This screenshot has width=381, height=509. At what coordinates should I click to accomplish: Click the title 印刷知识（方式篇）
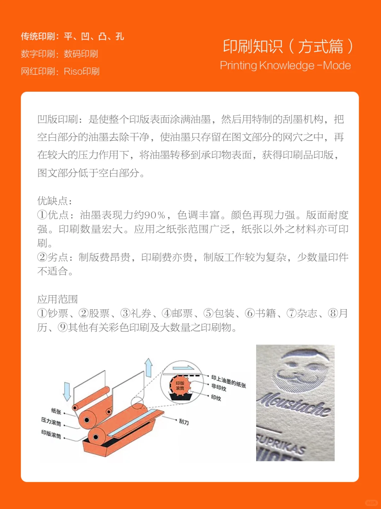(288, 47)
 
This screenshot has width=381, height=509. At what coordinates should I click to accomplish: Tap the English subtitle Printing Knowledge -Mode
(285, 66)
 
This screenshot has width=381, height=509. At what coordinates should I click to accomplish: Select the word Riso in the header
(73, 72)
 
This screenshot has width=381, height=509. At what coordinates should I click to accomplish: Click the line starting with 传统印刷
(72, 36)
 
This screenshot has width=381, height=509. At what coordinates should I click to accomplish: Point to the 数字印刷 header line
(59, 54)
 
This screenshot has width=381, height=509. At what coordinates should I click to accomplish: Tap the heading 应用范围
(58, 299)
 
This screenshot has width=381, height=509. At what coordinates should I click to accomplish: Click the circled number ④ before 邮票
(166, 313)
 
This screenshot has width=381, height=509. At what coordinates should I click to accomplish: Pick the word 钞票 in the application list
(58, 313)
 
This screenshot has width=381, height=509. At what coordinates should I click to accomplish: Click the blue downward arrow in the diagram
(67, 391)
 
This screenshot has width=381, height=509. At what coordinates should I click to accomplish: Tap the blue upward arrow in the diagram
(149, 367)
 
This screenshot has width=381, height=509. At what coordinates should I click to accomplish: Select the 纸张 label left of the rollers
(56, 411)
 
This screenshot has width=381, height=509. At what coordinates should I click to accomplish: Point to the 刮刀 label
(184, 422)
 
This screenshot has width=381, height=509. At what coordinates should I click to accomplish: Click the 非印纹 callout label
(219, 387)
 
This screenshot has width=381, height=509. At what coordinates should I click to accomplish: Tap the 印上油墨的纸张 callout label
(229, 381)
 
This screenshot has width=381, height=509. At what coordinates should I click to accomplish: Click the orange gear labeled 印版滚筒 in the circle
(180, 386)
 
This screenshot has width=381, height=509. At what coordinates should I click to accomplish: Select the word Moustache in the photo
(295, 404)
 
